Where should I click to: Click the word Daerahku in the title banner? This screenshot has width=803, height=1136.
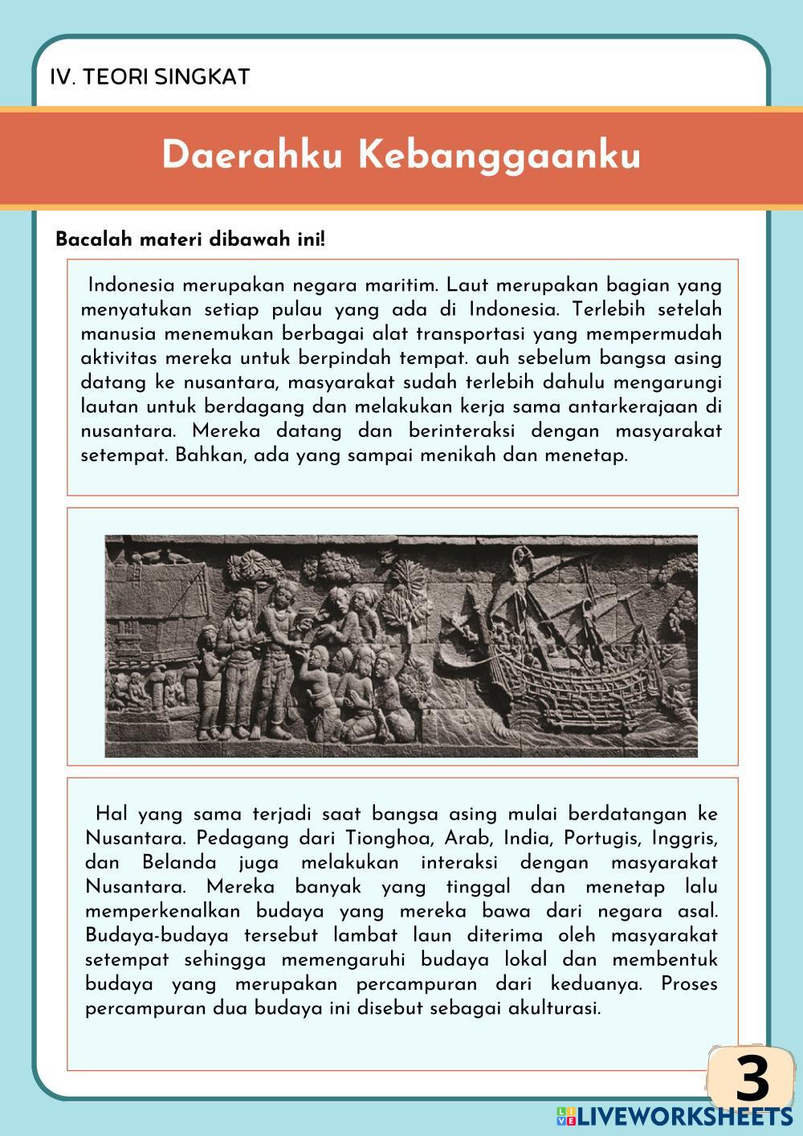pos(253,155)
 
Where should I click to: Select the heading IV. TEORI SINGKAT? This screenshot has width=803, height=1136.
pos(150,77)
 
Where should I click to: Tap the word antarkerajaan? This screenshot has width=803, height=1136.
pos(637,407)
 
